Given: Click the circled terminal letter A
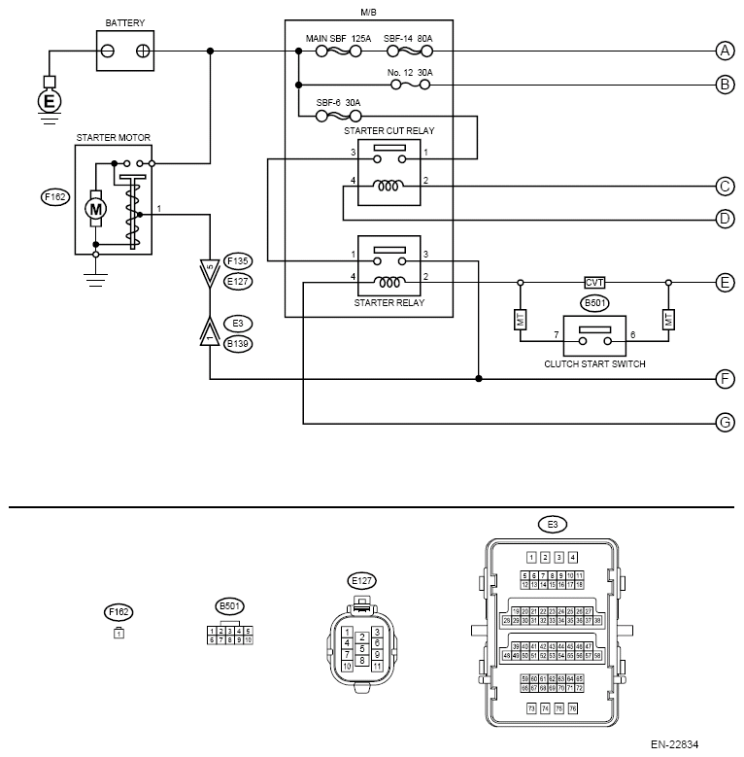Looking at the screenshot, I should pos(725,50).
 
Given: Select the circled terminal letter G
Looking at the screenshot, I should pos(725,423).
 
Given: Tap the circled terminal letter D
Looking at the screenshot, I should pos(725,219).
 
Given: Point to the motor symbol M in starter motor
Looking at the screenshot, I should pos(95,207).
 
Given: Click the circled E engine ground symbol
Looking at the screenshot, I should pos(48,100).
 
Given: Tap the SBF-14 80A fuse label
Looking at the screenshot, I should pos(409,38).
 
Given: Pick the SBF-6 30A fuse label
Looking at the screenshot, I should pos(338,103).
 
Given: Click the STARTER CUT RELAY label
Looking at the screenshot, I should pos(389,129).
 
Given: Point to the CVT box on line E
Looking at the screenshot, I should pos(594,282).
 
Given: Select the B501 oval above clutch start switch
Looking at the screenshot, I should pos(593,303).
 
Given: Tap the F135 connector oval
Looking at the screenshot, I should pos(238,260).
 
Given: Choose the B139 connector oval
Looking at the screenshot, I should pos(238,342).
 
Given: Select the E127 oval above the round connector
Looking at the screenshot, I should pos(361,581).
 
